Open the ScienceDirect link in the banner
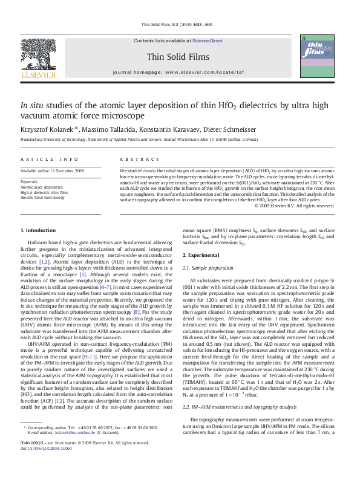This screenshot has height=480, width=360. (x=208, y=41)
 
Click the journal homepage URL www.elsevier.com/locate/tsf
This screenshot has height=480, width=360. (x=213, y=71)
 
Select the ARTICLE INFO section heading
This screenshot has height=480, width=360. (x=50, y=159)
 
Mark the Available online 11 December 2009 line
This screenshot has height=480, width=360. (x=52, y=171)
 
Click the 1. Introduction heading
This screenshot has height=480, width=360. (x=38, y=230)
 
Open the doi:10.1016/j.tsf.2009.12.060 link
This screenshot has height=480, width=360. (x=46, y=448)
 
